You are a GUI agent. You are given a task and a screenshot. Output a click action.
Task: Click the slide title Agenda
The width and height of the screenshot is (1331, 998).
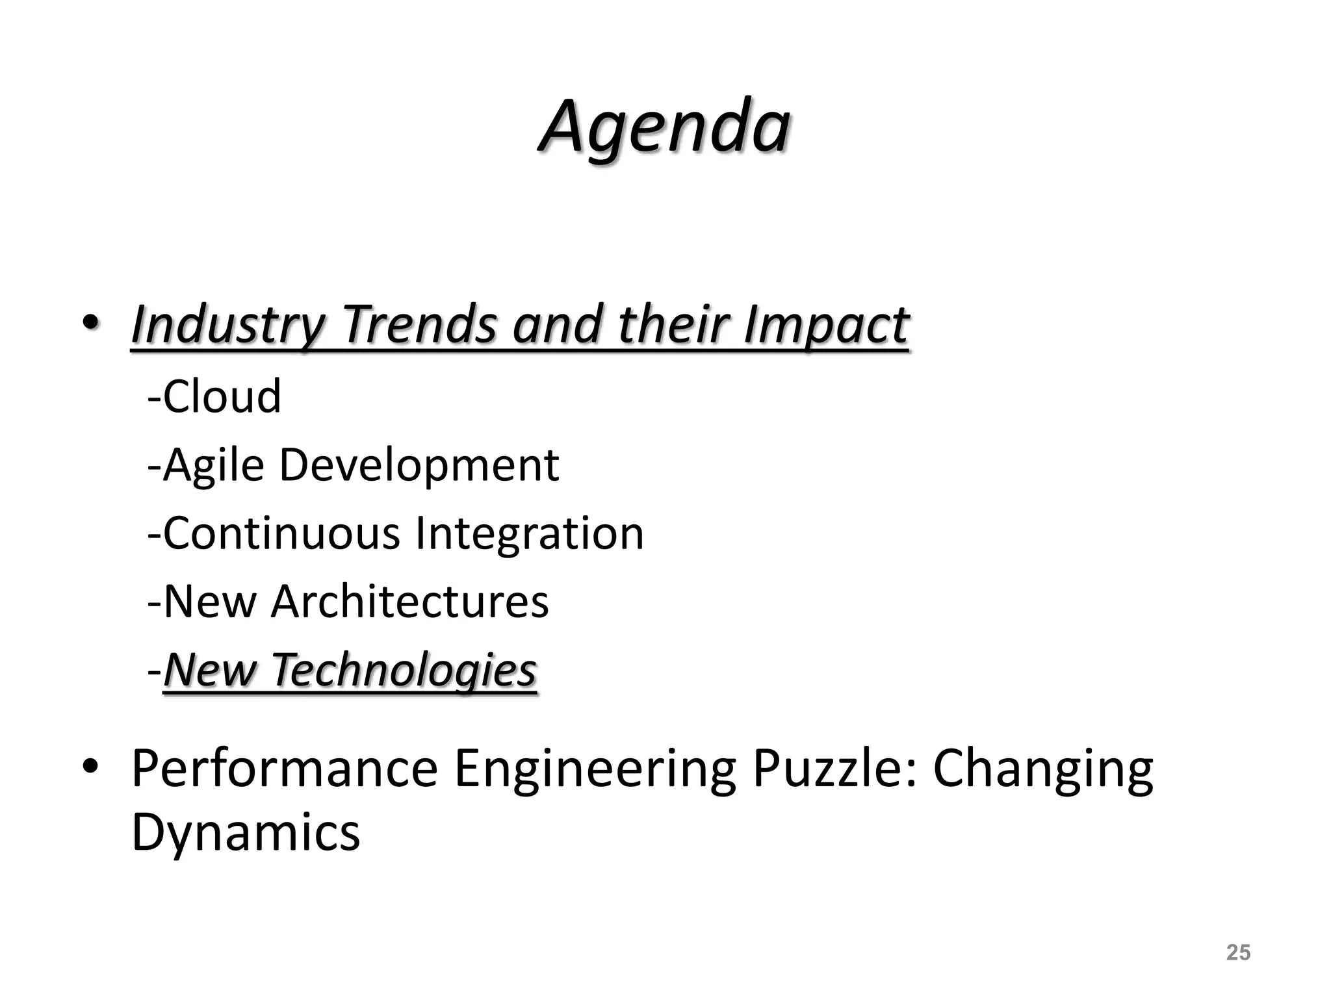point(664,126)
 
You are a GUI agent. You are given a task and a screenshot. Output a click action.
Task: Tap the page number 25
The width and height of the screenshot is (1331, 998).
point(1238,952)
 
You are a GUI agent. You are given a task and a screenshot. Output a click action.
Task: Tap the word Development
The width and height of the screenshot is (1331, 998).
point(419,465)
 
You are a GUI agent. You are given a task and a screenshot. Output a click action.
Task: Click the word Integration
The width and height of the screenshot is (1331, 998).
point(529,533)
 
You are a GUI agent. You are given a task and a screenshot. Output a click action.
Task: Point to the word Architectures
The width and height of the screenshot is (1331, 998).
point(409,602)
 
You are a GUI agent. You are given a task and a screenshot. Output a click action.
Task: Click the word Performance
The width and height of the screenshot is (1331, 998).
point(285,769)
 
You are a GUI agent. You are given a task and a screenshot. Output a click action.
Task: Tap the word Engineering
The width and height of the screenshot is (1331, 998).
point(595,769)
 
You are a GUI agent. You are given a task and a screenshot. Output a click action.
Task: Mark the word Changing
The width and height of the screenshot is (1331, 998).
point(1043,769)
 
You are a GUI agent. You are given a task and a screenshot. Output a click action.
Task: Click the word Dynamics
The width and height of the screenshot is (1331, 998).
point(246,833)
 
